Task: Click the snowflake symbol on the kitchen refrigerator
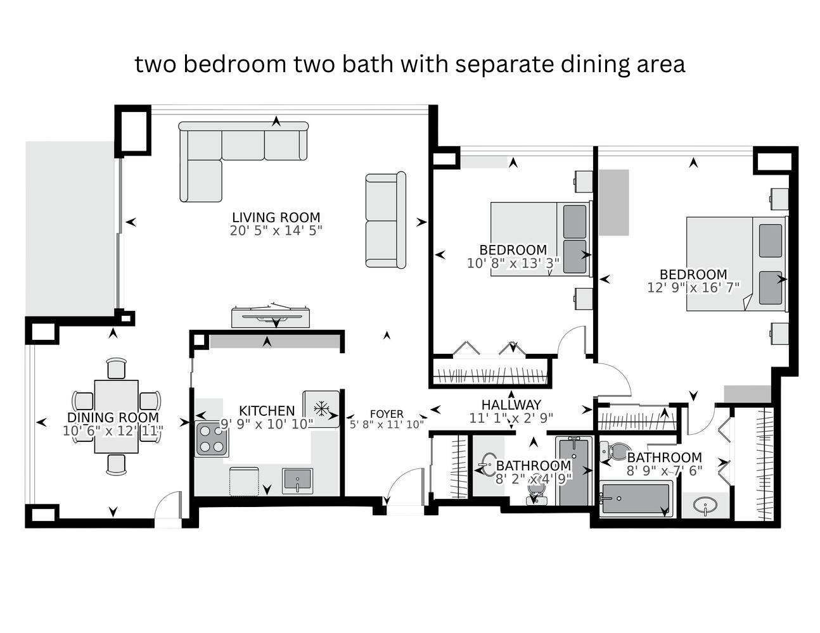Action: (321, 408)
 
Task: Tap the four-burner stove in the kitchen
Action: (212, 440)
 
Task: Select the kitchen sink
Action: (297, 481)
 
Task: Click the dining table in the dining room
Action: (116, 417)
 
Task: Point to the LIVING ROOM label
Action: (276, 217)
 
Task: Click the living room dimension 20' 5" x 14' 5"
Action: (276, 230)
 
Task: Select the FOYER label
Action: (387, 414)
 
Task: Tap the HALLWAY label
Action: (511, 405)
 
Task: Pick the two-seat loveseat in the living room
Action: (385, 220)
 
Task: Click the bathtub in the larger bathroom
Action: (636, 499)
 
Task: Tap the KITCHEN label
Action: (267, 411)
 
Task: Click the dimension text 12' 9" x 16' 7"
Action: (693, 287)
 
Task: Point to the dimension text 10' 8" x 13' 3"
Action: (513, 263)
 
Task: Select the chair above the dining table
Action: (116, 368)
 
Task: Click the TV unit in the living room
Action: (270, 317)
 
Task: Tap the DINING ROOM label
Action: (113, 418)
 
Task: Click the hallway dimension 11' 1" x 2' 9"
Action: (511, 418)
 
